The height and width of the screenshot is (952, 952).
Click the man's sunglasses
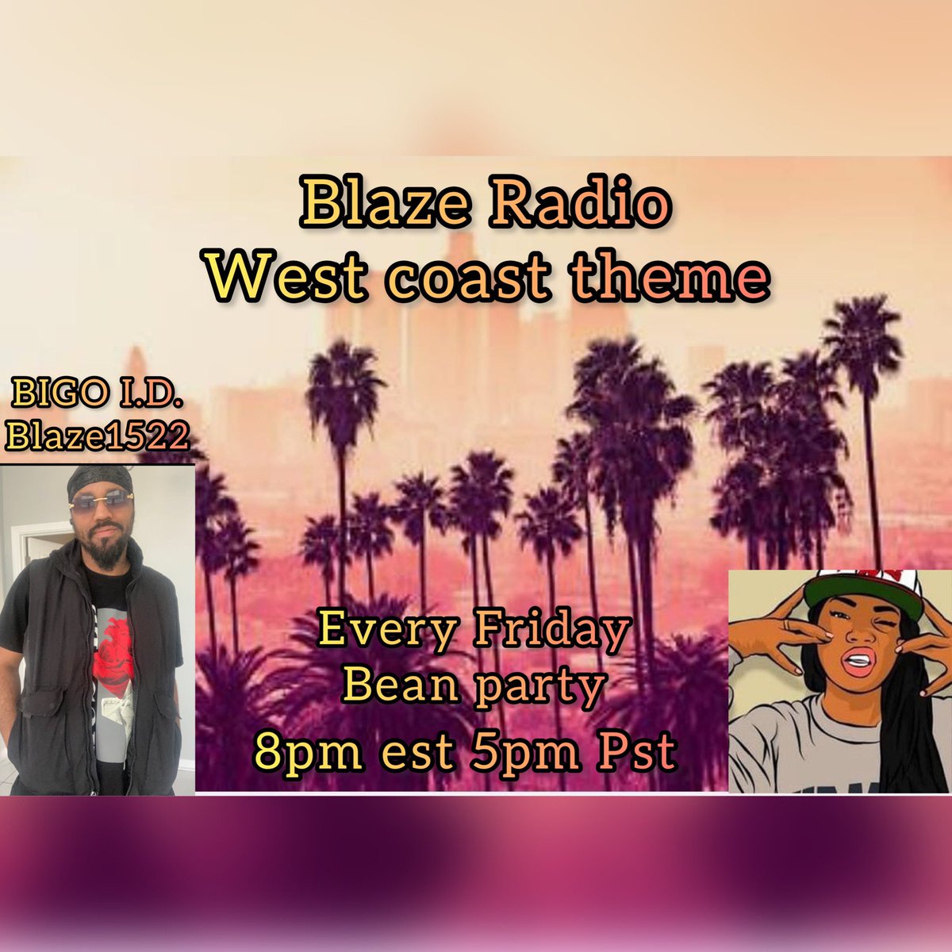coord(99,499)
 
